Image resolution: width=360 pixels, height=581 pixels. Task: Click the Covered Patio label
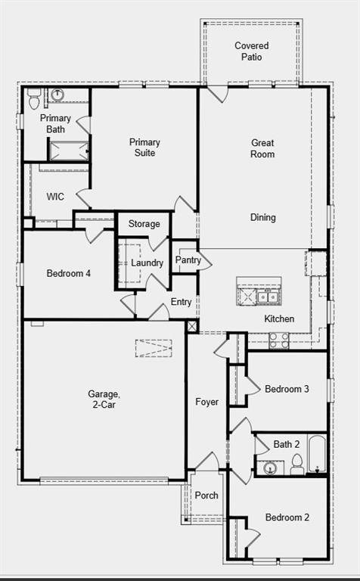tap(252, 51)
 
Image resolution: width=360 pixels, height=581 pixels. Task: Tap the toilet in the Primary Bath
tap(34, 99)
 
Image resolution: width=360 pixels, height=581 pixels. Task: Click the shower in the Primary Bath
tap(69, 151)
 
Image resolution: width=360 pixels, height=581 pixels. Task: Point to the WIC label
tap(55, 197)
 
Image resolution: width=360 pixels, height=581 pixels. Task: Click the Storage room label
tap(144, 224)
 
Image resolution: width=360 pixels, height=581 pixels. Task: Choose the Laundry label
tap(147, 263)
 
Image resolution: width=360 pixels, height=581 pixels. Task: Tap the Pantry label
tap(188, 260)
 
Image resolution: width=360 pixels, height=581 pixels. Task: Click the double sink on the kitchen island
tap(268, 297)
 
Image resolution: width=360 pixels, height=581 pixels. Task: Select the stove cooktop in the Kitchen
tap(279, 340)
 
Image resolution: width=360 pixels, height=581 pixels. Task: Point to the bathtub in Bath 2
tap(317, 454)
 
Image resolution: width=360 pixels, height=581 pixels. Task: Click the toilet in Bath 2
tap(297, 464)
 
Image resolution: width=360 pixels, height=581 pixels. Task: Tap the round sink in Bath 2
tap(270, 468)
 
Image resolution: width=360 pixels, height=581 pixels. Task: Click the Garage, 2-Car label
tap(104, 399)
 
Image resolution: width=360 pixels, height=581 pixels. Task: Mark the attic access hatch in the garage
tap(154, 348)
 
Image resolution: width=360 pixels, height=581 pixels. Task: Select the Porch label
tap(206, 496)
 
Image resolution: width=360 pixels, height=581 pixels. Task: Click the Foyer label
tap(206, 402)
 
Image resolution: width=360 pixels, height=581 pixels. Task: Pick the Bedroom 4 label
tap(69, 273)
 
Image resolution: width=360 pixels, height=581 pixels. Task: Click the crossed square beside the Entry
tap(192, 327)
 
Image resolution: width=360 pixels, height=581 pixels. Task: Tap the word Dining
tap(263, 218)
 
